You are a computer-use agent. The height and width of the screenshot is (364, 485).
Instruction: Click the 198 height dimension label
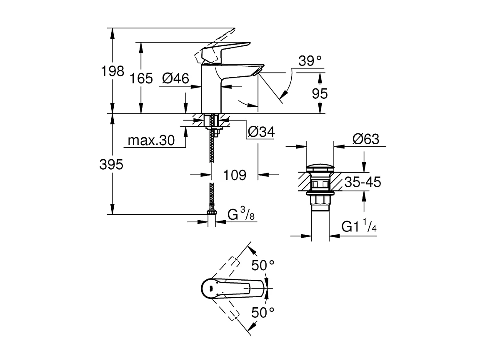pyautogui.click(x=113, y=71)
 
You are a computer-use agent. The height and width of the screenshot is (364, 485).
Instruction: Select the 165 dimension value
pyautogui.click(x=141, y=78)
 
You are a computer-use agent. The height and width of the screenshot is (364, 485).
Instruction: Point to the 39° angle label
pyautogui.click(x=310, y=61)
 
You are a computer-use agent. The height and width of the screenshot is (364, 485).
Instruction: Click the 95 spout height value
pyautogui.click(x=320, y=93)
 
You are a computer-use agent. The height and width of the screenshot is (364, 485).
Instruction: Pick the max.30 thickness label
pyautogui.click(x=150, y=141)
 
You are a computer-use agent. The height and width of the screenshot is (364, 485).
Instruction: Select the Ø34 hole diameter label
pyautogui.click(x=261, y=132)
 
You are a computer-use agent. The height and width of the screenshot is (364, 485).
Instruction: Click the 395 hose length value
pyautogui.click(x=111, y=165)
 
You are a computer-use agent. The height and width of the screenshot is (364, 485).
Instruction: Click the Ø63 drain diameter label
pyautogui.click(x=366, y=139)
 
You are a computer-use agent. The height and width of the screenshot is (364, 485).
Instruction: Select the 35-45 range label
pyautogui.click(x=362, y=182)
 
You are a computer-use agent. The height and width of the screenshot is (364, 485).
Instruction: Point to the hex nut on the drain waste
pyautogui.click(x=320, y=201)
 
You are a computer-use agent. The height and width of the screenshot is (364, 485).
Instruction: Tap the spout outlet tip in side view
pyautogui.click(x=256, y=74)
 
